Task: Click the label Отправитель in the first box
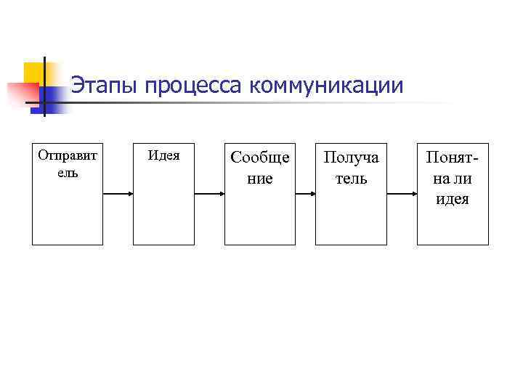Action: [68, 163]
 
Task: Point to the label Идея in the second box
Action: [163, 155]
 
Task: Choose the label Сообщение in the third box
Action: [259, 167]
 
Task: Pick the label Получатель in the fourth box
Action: [351, 167]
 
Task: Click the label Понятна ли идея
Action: [453, 178]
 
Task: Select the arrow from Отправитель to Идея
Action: [118, 194]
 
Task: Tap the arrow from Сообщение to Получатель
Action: [305, 194]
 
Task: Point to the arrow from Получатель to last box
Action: [402, 194]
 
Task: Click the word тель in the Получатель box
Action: [351, 178]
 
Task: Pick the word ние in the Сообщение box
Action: [259, 178]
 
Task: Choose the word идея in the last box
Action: [453, 199]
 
